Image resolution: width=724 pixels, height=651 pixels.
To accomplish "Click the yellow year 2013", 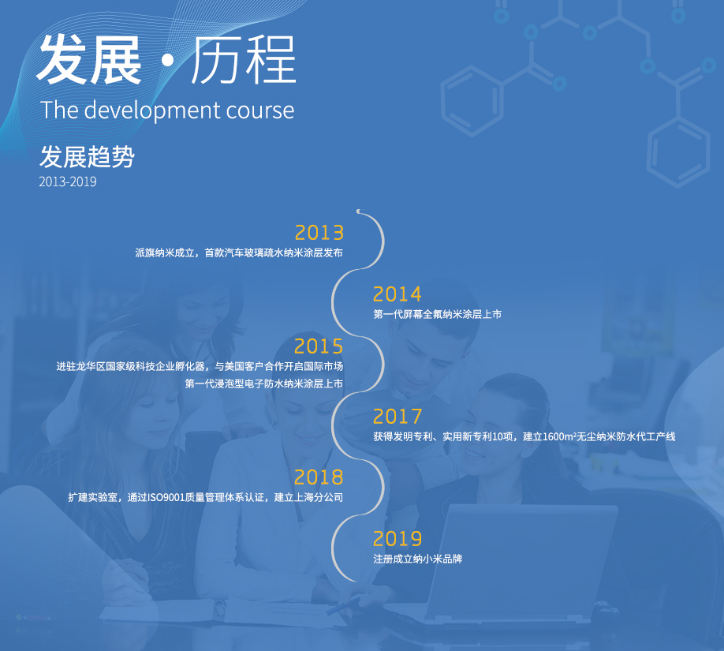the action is coord(319,233).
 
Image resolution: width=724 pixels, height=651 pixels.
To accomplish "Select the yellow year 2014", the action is coord(397,294).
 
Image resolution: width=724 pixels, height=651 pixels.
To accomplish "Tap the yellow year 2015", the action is coord(319,346).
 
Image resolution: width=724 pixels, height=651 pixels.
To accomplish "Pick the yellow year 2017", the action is coord(397,417).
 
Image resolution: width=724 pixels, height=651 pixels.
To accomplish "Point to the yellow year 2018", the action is coord(319,477).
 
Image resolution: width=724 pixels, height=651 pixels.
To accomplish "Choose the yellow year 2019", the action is coord(397,539).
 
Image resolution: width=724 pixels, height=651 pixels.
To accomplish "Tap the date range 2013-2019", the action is coord(67,181).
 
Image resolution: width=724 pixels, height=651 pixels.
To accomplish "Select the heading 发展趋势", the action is coord(87,156).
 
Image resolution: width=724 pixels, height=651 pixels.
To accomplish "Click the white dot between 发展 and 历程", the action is coord(168,61).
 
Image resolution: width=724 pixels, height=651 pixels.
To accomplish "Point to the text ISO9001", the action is coord(166,498).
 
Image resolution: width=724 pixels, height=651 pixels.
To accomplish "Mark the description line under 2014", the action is coord(437,314).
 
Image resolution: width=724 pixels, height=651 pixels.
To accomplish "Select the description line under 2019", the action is coord(417,559).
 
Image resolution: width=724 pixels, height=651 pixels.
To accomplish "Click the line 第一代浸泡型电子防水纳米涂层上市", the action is coord(264,383).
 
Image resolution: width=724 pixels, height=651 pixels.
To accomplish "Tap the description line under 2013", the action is coord(239,253).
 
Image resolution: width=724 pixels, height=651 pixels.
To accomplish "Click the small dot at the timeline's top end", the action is coord(358,211).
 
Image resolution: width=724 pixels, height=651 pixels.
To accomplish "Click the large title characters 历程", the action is coord(244,61).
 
